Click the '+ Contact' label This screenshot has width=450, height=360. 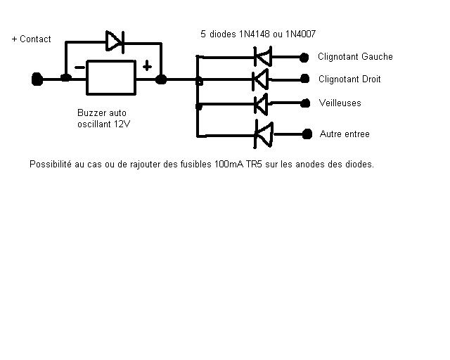click(32, 39)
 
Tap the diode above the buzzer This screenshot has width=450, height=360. click(114, 41)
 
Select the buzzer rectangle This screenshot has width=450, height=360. click(110, 77)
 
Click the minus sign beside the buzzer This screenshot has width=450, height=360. click(79, 67)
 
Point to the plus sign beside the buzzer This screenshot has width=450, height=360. click(147, 66)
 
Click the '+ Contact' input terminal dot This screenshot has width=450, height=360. click(37, 79)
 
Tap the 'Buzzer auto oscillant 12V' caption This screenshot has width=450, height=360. click(103, 118)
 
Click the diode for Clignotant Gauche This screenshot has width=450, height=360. click(262, 56)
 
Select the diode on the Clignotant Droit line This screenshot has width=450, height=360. click(260, 78)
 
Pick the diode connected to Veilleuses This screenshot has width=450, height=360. click(261, 104)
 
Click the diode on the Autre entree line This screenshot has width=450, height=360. click(263, 133)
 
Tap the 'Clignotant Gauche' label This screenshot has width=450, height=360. click(355, 57)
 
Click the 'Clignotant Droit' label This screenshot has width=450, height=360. click(349, 79)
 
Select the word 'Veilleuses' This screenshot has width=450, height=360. click(340, 103)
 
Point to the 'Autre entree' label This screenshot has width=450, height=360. click(345, 134)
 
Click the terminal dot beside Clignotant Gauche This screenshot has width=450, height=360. click(305, 56)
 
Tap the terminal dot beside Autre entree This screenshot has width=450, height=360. click(306, 133)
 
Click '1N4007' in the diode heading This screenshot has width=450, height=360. click(301, 33)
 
